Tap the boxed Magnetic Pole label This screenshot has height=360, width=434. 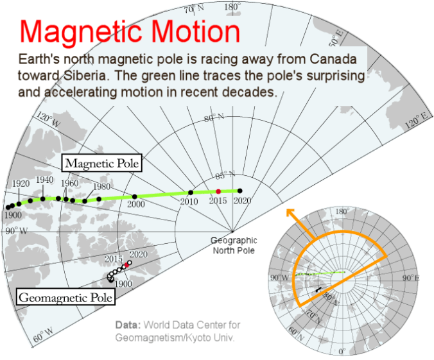tap(101, 163)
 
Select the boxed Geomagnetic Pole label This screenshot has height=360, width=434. tap(65, 297)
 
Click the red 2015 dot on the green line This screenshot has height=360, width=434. tap(218, 192)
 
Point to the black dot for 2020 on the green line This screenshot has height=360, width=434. tap(240, 191)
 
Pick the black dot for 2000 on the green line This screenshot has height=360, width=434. tap(135, 196)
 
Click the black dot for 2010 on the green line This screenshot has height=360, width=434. tap(191, 193)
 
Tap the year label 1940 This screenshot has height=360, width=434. tap(44, 180)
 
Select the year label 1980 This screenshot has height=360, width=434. tap(101, 187)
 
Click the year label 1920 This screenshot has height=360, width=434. tap(21, 184)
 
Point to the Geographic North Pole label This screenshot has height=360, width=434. tap(234, 245)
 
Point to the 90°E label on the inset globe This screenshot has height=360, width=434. tap(410, 277)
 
